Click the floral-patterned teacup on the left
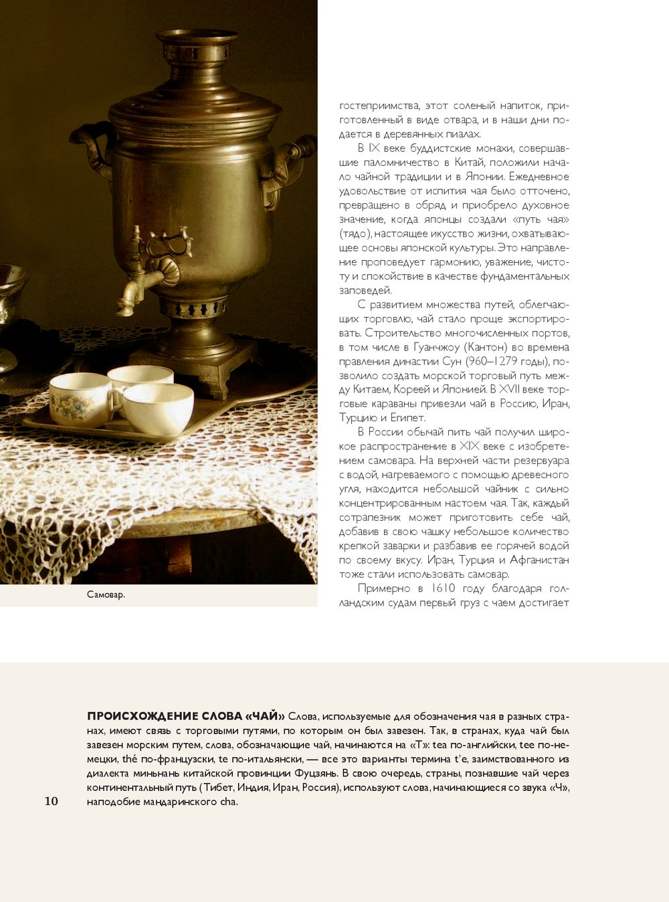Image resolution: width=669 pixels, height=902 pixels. click(79, 399)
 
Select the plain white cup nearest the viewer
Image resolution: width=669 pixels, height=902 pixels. click(159, 409)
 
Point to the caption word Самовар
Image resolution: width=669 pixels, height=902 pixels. click(106, 594)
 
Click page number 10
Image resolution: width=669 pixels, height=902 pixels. click(51, 801)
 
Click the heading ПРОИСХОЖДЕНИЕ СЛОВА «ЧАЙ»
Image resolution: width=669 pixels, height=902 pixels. click(186, 716)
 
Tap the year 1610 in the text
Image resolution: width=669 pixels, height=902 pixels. click(443, 588)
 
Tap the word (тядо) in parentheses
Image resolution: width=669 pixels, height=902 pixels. click(355, 233)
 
